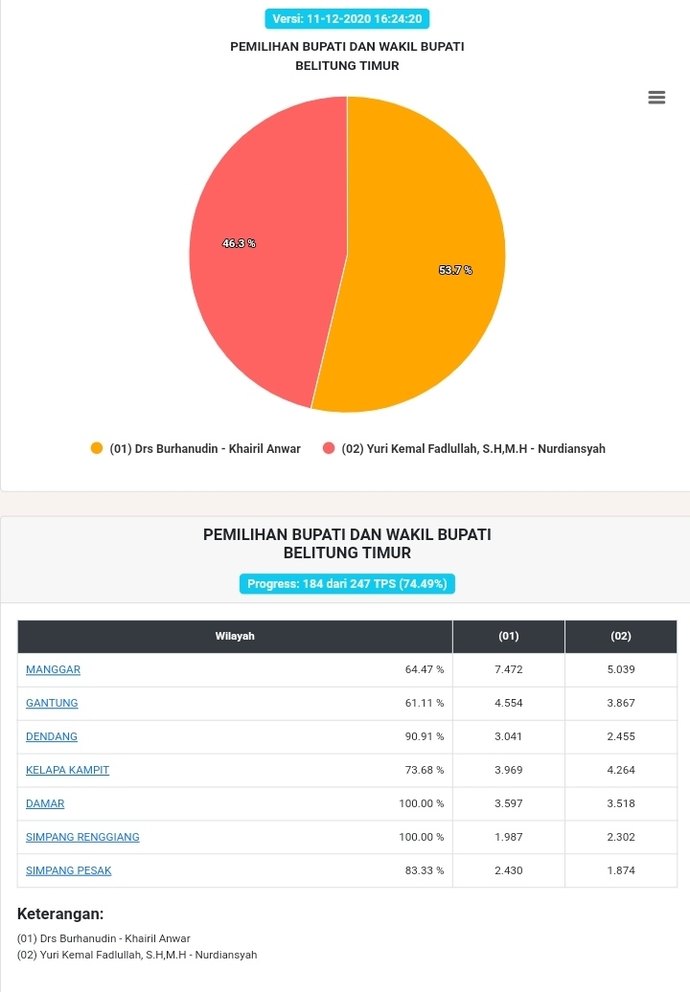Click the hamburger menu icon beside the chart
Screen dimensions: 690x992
[656, 98]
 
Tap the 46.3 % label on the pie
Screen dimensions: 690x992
[239, 243]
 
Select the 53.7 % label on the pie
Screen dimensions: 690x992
[456, 270]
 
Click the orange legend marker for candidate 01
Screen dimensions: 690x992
[97, 448]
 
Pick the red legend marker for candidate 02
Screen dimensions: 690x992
[329, 448]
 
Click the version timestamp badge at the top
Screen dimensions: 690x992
[347, 19]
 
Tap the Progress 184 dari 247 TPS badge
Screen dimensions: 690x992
[347, 583]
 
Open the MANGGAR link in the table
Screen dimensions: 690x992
[53, 669]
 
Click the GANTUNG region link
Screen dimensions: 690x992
[52, 703]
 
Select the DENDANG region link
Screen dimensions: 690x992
[52, 736]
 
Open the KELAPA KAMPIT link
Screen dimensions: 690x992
[68, 770]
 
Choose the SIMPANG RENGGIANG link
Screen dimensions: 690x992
[83, 837]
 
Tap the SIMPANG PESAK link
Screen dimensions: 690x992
[68, 870]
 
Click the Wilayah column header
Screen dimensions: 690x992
[235, 637]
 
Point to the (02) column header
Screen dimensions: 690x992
[621, 637]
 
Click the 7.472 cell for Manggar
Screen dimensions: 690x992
[509, 669]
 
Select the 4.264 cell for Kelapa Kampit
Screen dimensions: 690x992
[621, 770]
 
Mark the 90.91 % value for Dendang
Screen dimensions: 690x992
[425, 736]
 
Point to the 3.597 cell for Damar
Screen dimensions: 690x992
[509, 803]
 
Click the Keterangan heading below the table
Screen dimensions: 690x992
[60, 913]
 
